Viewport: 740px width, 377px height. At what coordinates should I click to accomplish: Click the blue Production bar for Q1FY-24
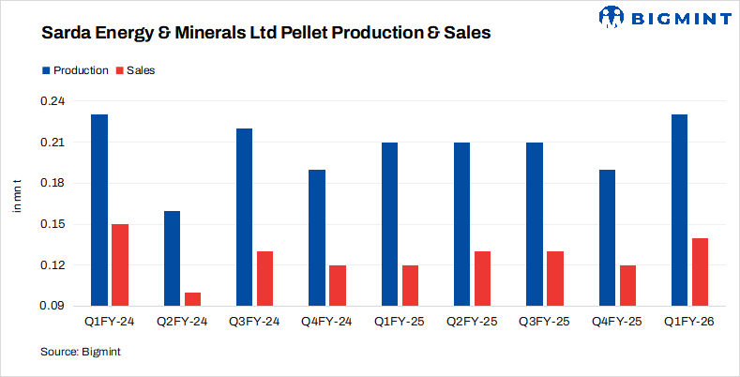(x=99, y=210)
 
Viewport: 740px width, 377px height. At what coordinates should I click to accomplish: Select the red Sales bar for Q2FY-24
(x=192, y=299)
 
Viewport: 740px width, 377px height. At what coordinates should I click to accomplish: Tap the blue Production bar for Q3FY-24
(x=244, y=217)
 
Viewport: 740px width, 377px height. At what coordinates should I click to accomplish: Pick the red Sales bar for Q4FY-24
(x=338, y=285)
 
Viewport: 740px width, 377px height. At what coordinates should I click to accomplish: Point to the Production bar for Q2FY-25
(x=462, y=224)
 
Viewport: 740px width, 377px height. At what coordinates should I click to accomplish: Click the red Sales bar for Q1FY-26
(x=701, y=272)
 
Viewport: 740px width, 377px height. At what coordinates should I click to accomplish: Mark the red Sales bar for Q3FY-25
(x=555, y=279)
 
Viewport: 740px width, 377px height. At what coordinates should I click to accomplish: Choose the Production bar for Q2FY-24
(x=172, y=258)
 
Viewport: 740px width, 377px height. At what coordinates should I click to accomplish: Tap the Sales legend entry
(x=134, y=70)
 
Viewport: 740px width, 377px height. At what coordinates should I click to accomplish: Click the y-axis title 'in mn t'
(x=17, y=194)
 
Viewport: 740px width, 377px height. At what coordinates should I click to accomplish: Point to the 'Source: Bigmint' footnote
(x=81, y=352)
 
